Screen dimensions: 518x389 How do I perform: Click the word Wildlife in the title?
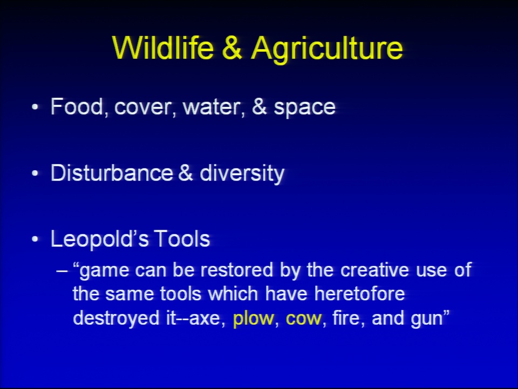click(163, 48)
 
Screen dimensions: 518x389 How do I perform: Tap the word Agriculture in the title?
click(327, 50)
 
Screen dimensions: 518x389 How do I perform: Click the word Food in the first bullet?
click(77, 106)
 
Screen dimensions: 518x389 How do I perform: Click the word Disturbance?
click(112, 173)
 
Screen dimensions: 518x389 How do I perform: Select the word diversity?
click(242, 173)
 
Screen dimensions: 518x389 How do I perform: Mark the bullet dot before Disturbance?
click(35, 173)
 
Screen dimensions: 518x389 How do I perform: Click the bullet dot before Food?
click(35, 108)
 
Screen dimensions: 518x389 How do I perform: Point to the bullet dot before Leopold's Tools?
click(35, 240)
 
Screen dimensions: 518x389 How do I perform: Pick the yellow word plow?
click(254, 319)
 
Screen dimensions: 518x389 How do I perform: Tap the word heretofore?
click(359, 294)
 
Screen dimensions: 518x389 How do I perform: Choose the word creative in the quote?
click(375, 270)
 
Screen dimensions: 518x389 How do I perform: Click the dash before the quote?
click(62, 271)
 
